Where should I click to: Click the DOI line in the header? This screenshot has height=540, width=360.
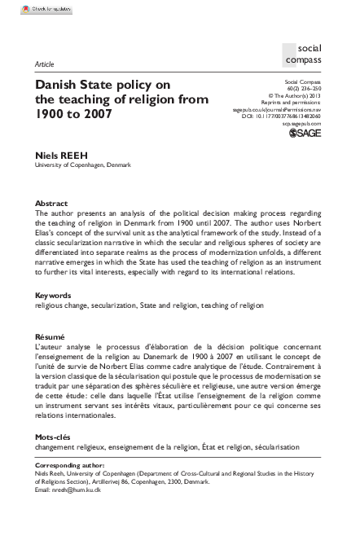pos(285,116)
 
